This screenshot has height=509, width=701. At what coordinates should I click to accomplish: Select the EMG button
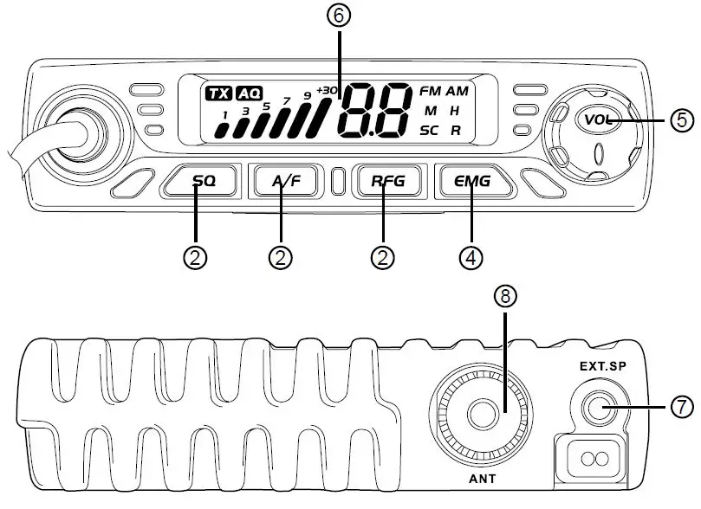tap(472, 182)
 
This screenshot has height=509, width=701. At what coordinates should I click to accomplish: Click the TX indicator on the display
tap(218, 93)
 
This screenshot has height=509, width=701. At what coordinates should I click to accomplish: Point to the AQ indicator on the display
tap(250, 93)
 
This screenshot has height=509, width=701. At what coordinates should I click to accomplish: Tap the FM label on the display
tap(430, 91)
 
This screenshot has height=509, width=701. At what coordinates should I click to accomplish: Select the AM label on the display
tap(457, 91)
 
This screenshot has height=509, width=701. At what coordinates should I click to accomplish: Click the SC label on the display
tap(430, 131)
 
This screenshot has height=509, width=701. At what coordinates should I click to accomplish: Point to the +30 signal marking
tap(327, 90)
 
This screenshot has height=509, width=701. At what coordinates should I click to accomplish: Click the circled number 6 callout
tap(340, 15)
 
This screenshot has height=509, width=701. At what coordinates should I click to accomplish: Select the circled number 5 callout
tap(684, 119)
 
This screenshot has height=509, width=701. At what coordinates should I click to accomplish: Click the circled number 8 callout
tap(505, 296)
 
